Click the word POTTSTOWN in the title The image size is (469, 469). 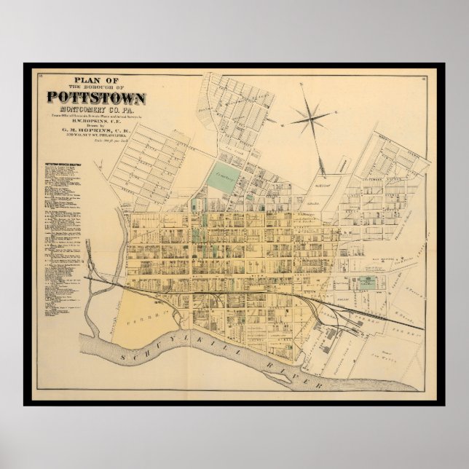[x=97, y=96]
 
